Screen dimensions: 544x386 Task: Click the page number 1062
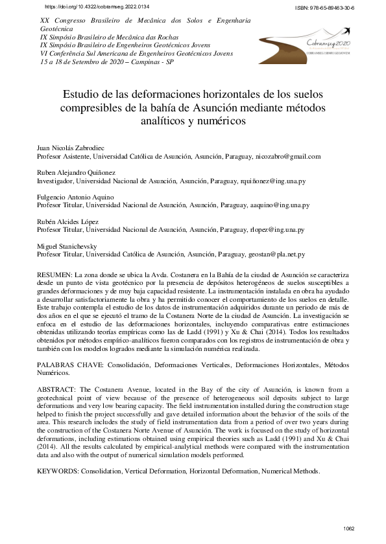point(350,530)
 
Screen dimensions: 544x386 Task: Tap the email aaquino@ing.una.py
point(280,205)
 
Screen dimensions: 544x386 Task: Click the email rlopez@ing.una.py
point(277,229)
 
